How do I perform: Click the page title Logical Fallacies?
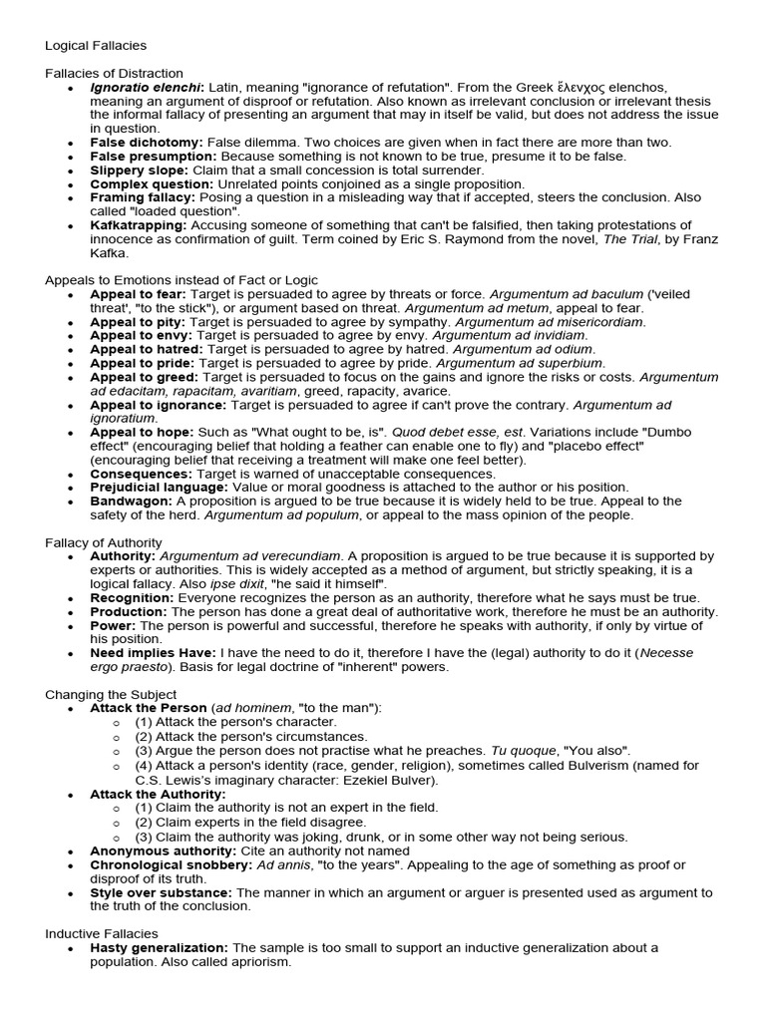coord(96,45)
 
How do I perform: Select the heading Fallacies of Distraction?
coord(114,73)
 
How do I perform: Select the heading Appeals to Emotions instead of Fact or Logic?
coord(182,280)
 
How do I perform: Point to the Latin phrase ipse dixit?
coord(247,583)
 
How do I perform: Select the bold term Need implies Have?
coord(153,653)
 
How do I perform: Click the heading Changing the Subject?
coord(111,694)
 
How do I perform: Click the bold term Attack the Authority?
coord(158,794)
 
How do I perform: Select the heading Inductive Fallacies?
coord(102,933)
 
